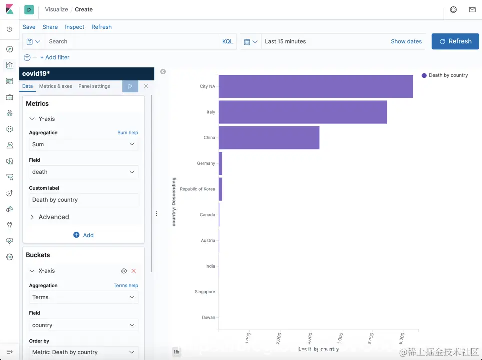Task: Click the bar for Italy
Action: point(303,112)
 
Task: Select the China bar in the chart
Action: point(269,138)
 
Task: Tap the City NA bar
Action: point(316,86)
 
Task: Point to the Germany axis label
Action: point(206,163)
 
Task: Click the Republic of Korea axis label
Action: point(197,189)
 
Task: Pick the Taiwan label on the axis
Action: point(208,317)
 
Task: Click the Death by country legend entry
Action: point(448,75)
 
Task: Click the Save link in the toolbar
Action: point(29,27)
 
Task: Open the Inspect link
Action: point(75,27)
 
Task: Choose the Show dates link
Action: point(406,41)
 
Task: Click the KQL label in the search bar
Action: point(227,41)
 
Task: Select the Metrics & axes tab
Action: point(56,86)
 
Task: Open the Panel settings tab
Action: point(94,86)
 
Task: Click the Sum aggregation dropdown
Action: point(83,144)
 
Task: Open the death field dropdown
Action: point(83,172)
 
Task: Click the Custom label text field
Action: point(83,200)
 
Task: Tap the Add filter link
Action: point(55,57)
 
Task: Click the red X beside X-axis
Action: point(133,271)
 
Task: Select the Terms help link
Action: point(126,286)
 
